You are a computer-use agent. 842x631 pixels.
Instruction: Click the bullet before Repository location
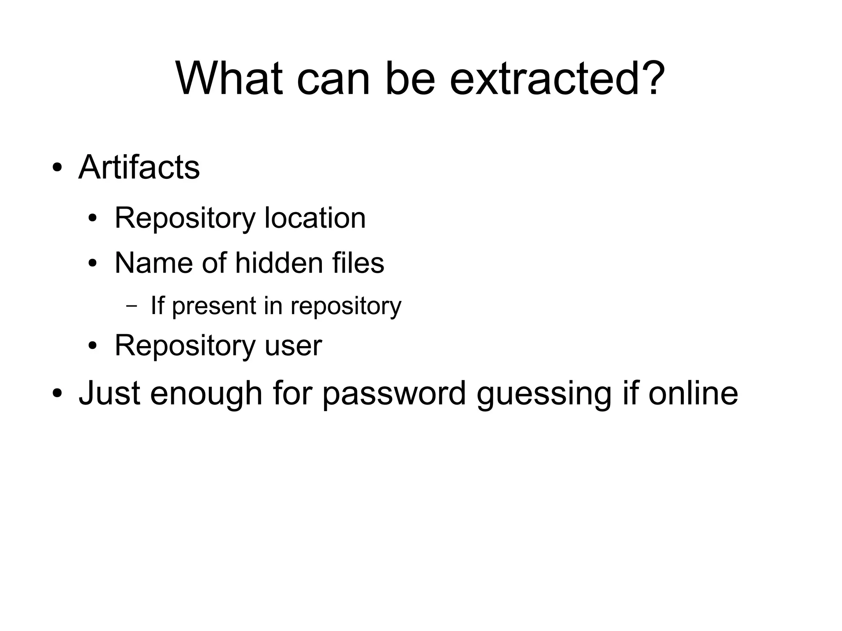[93, 218]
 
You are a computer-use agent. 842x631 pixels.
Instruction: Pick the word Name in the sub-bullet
[153, 263]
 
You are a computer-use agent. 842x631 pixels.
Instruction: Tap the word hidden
[279, 263]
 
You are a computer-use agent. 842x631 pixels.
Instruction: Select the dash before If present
[131, 306]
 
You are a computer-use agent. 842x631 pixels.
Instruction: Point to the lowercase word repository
[346, 306]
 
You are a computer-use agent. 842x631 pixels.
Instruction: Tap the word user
[293, 346]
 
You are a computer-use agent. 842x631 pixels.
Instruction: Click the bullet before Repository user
[93, 346]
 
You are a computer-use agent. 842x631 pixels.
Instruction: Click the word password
[394, 393]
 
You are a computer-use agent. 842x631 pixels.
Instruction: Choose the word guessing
[544, 393]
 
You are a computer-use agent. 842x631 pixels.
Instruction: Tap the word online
[693, 393]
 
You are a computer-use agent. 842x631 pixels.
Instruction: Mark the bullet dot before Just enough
[57, 393]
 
